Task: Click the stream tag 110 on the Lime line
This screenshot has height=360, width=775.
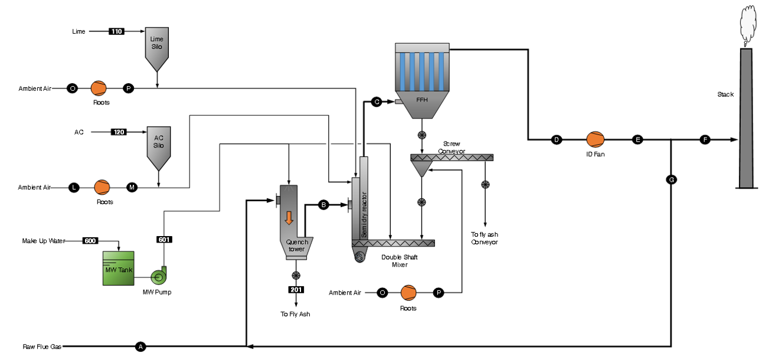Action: tap(117, 31)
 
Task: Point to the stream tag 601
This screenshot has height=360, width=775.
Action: tap(163, 240)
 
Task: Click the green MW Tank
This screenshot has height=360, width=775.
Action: tap(118, 269)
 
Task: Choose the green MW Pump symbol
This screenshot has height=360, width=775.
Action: tap(159, 276)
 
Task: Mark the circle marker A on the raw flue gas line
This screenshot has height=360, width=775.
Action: tap(140, 346)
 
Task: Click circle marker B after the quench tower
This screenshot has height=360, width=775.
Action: tap(323, 205)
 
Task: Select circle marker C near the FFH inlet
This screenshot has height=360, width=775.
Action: tap(377, 102)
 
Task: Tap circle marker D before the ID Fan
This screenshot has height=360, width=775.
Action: tap(556, 140)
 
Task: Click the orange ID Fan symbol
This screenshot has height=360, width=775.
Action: tap(595, 140)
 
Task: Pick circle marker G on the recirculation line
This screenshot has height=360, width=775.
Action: tap(671, 179)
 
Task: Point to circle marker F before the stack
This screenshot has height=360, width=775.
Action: tap(705, 140)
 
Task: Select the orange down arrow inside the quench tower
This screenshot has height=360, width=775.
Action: tap(289, 217)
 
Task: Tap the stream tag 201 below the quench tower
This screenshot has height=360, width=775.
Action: tap(296, 290)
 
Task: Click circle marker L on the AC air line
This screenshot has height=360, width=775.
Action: tap(74, 188)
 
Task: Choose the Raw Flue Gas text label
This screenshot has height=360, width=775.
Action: tap(42, 346)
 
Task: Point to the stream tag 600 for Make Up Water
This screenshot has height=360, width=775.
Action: tap(90, 241)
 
